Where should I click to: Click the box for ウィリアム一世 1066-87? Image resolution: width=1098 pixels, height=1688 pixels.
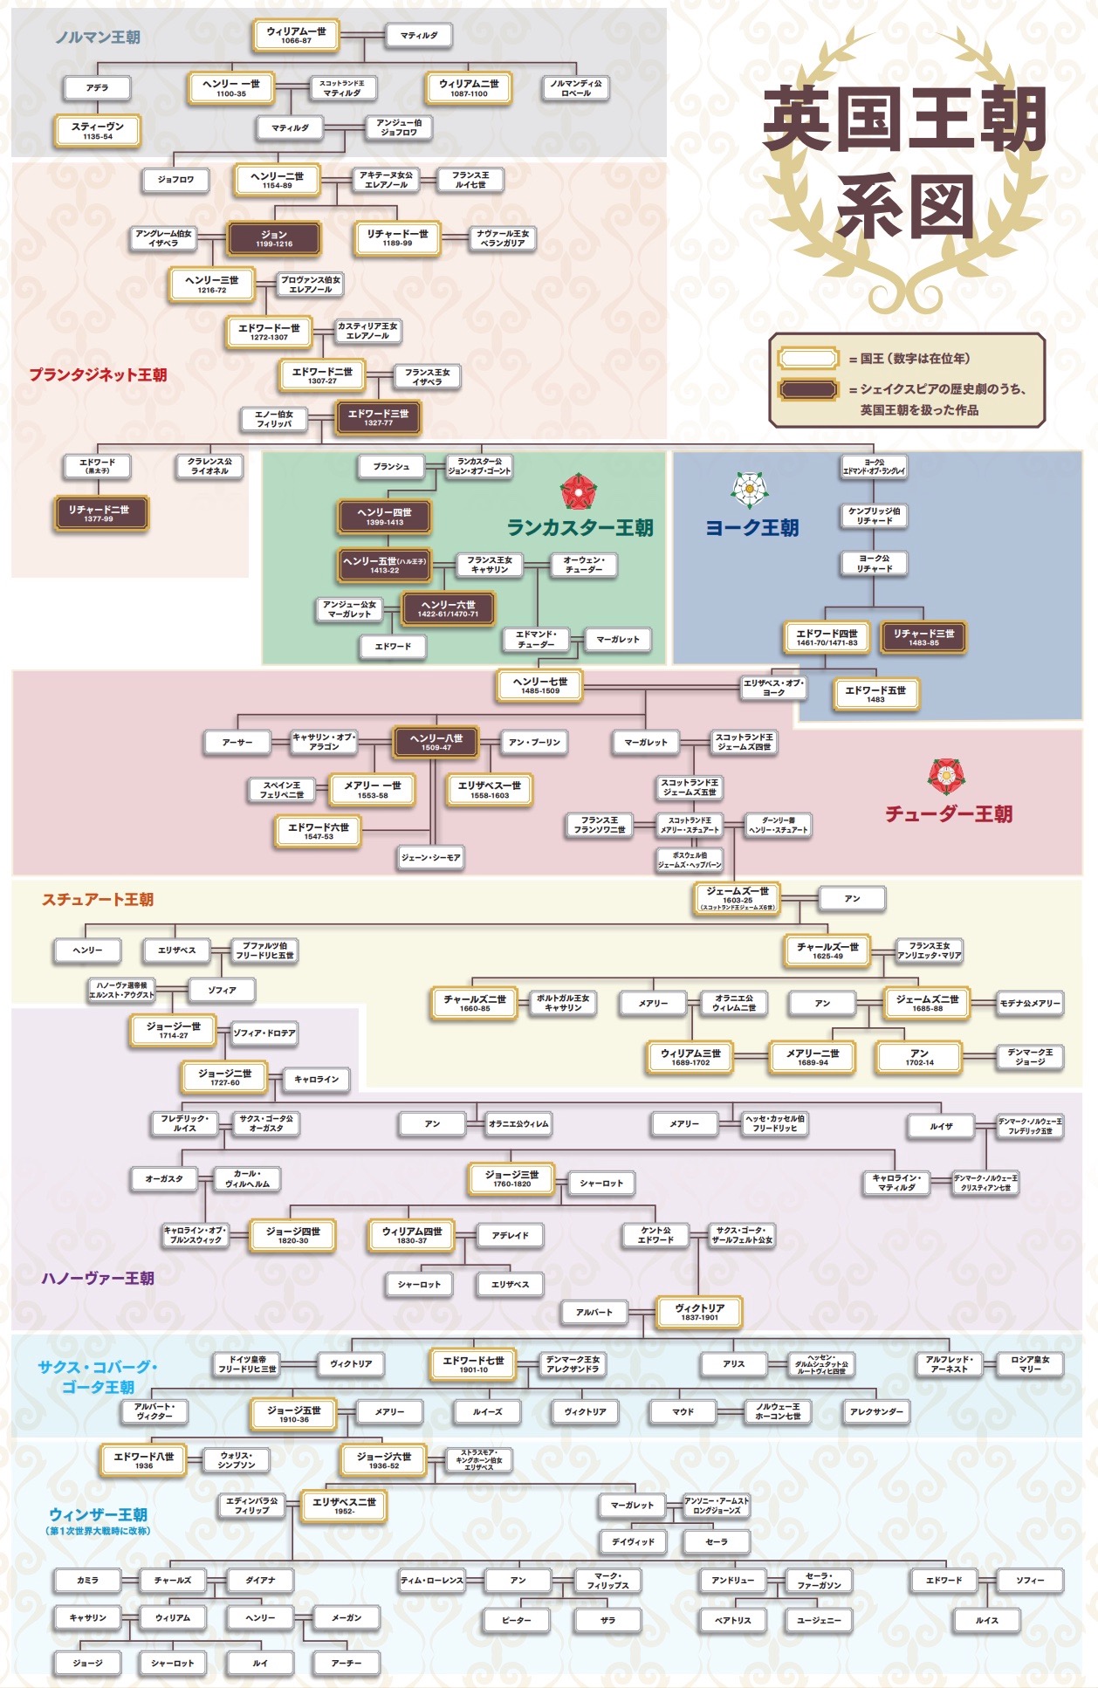coord(296,36)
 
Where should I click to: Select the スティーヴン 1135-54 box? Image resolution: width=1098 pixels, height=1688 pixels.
coord(98,131)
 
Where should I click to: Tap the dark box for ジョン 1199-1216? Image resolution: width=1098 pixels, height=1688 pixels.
coord(274,238)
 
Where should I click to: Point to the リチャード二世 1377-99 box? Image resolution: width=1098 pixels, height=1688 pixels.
coord(99,513)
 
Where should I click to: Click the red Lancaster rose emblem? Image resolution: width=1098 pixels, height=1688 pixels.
coord(577,491)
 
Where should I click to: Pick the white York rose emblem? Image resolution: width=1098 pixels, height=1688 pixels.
coord(749,490)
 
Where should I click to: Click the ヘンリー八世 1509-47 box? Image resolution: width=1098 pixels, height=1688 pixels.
coord(436,742)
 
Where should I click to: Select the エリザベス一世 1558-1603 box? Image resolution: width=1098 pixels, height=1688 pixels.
coord(490,790)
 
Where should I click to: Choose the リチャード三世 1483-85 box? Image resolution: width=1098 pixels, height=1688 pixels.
coord(923,637)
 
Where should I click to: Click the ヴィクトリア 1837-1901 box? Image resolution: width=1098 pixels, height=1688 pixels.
coord(700,1311)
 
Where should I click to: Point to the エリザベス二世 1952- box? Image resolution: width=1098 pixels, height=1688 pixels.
coord(344,1506)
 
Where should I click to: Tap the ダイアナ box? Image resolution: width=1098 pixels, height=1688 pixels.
coord(260,1580)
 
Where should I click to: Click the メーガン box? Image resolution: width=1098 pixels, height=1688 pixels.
coord(347,1617)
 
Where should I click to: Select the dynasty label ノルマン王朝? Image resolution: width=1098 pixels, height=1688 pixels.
coord(98,38)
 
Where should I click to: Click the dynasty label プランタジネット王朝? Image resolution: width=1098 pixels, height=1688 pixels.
coord(98,375)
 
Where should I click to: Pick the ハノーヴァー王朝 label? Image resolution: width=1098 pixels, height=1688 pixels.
coord(98,1279)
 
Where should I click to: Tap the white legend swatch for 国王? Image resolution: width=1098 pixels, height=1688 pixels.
coord(809,359)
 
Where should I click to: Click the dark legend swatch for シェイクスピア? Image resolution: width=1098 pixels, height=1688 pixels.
coord(809,389)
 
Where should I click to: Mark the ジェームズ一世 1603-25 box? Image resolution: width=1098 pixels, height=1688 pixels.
coord(738,898)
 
